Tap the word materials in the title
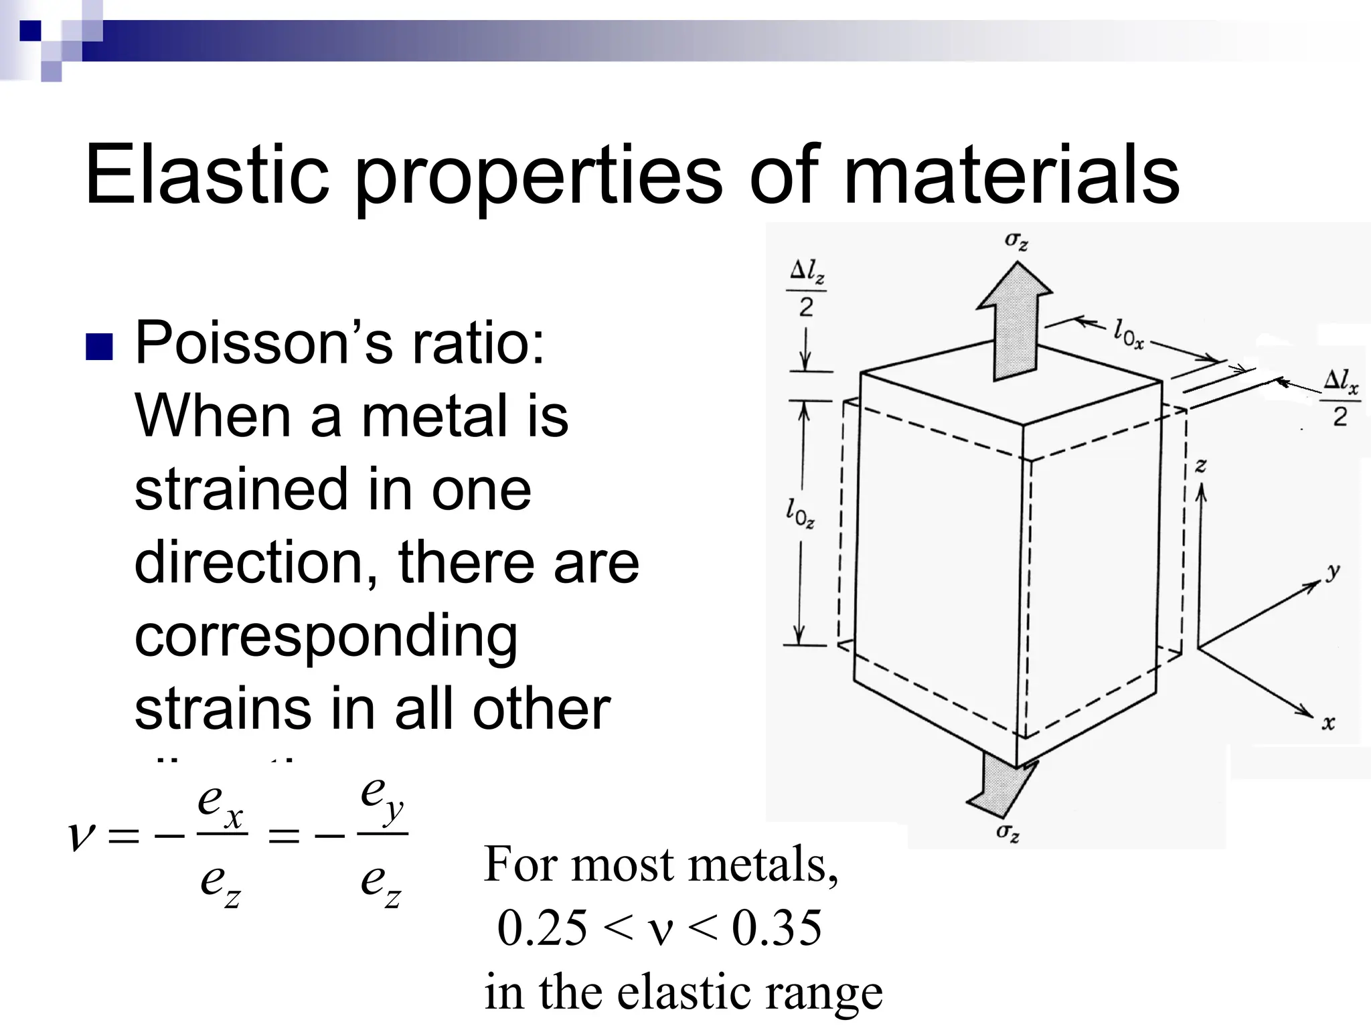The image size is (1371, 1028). (1012, 175)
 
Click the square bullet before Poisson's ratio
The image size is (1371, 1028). (99, 347)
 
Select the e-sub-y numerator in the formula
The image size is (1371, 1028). (382, 796)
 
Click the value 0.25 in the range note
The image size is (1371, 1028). (542, 928)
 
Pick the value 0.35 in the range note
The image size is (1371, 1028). (777, 928)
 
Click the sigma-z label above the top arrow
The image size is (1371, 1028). (1016, 241)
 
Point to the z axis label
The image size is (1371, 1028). (1201, 465)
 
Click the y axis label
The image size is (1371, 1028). (1333, 571)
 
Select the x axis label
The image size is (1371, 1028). (1328, 722)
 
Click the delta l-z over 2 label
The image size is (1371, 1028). (806, 288)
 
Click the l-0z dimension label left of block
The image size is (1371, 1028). (800, 513)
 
